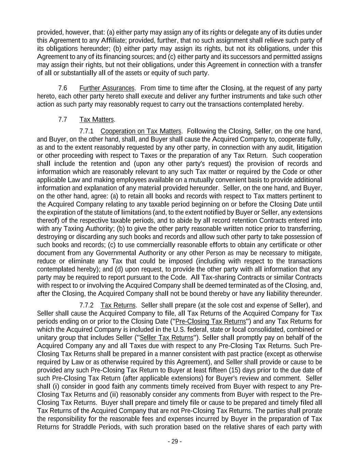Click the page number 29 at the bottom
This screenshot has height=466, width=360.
(174, 441)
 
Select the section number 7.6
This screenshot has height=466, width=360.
(62, 88)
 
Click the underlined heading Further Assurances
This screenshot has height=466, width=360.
(107, 88)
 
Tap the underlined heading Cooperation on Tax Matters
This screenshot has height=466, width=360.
(141, 131)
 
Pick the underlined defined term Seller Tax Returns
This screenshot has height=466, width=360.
(167, 338)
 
